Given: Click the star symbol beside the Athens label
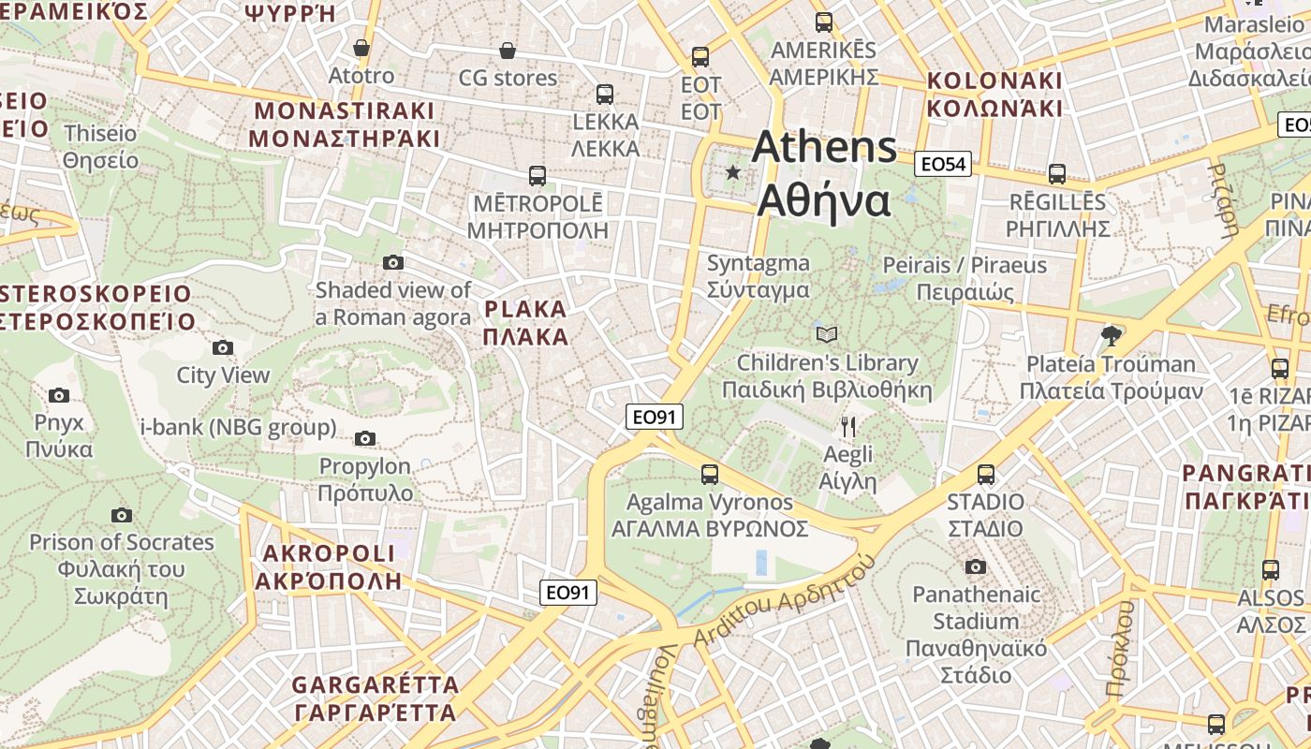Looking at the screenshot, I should pyautogui.click(x=733, y=172).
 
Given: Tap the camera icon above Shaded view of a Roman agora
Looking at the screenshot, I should pyautogui.click(x=393, y=262).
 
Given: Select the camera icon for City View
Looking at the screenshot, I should pyautogui.click(x=222, y=348).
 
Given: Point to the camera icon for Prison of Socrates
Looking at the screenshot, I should pyautogui.click(x=121, y=515).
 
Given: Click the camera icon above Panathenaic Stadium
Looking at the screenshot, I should pyautogui.click(x=976, y=566).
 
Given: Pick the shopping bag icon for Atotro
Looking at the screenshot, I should pyautogui.click(x=361, y=48).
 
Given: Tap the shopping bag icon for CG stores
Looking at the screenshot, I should pyautogui.click(x=507, y=50).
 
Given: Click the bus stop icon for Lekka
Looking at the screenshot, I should pyautogui.click(x=605, y=94).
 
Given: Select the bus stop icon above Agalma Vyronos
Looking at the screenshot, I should pyautogui.click(x=710, y=475).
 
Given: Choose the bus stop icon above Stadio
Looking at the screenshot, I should pyautogui.click(x=985, y=475).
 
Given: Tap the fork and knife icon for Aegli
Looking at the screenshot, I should pyautogui.click(x=848, y=427).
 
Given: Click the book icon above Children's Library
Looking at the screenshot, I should pyautogui.click(x=826, y=334).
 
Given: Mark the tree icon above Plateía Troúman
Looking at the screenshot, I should pyautogui.click(x=1112, y=335).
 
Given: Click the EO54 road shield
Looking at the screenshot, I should pyautogui.click(x=942, y=165).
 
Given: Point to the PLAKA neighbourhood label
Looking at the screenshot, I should pyautogui.click(x=526, y=323).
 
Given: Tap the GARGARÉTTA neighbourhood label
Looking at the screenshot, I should pyautogui.click(x=376, y=698).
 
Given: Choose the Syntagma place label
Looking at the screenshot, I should pyautogui.click(x=759, y=276).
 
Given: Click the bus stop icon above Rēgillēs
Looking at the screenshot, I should pyautogui.click(x=1057, y=174).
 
